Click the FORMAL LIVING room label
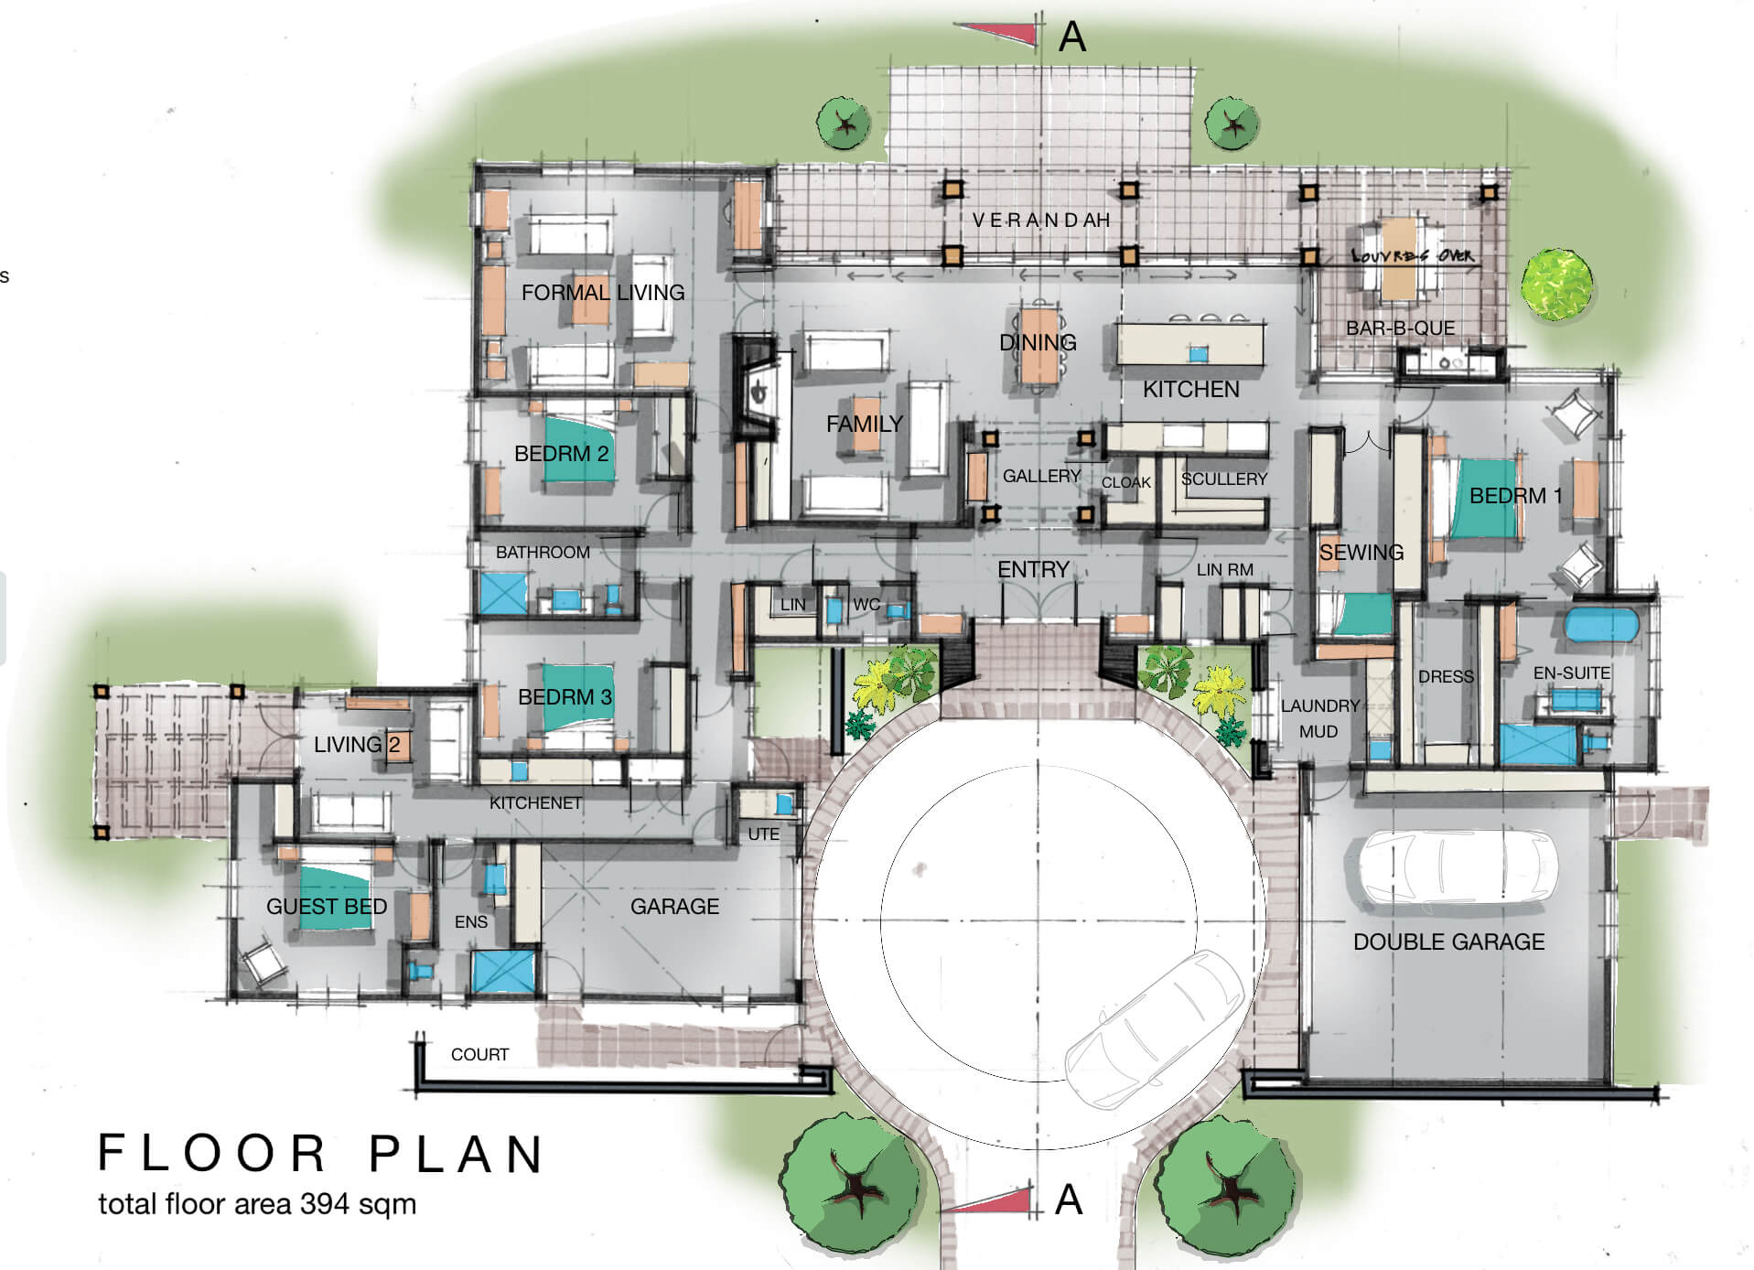603,293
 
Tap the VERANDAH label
1041,221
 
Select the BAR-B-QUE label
1400,328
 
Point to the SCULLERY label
1224,479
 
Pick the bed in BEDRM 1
1480,499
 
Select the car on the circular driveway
1155,1027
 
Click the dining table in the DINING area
1039,346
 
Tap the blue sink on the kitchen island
1198,353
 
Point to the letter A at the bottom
1069,1200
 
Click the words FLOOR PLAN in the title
321,1153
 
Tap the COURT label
479,1054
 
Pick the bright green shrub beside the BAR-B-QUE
1556,285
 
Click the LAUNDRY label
1319,705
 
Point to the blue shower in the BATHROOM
503,593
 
